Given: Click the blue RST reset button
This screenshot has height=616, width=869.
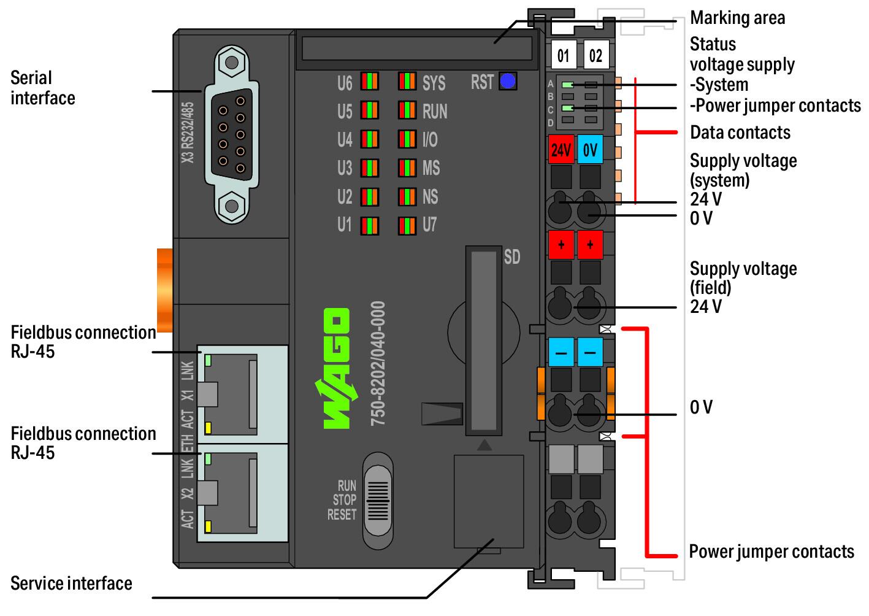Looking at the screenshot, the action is click(x=507, y=82).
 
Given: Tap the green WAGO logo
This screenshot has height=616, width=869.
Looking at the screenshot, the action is click(x=336, y=368).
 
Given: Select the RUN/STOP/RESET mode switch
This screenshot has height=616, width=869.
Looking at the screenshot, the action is click(x=378, y=501).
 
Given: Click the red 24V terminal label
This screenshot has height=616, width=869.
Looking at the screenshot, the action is click(x=561, y=150).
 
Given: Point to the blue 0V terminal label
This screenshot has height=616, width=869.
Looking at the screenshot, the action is click(x=590, y=150).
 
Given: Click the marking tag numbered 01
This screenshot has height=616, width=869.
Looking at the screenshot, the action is click(x=564, y=55).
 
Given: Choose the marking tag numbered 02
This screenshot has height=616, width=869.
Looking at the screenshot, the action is click(x=596, y=55).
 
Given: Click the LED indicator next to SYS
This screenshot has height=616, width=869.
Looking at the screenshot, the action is click(x=407, y=82).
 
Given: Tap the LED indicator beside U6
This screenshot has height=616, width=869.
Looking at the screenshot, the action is click(x=369, y=82).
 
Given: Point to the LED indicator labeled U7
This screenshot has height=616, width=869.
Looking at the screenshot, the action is click(x=407, y=226).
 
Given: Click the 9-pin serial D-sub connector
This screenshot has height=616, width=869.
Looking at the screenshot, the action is click(x=232, y=135).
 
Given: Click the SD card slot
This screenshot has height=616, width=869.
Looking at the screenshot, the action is click(x=484, y=341).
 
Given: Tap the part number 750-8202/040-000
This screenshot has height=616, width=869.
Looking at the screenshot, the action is click(x=378, y=363).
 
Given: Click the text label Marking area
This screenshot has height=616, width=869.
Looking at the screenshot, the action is click(x=738, y=18).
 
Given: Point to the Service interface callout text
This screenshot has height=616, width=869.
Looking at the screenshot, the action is click(x=71, y=583).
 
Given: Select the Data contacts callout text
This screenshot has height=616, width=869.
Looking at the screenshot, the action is click(x=740, y=133).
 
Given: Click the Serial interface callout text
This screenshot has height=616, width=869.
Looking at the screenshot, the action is click(x=43, y=88).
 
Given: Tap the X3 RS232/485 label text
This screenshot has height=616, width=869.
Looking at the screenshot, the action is click(x=188, y=133).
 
